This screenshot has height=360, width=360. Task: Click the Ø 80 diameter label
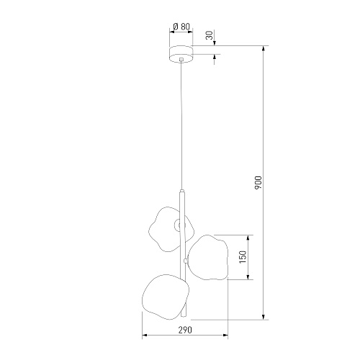point(181,27)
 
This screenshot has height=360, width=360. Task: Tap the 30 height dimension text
point(210,35)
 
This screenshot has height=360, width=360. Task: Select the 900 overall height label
point(258,182)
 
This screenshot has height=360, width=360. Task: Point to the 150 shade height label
point(243,257)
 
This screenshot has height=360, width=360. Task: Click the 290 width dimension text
point(185,330)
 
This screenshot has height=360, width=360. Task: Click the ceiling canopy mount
point(181,53)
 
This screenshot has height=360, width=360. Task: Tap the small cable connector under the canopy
point(181,59)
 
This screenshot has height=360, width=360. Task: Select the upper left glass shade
point(171,229)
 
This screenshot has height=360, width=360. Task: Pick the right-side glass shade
point(207,258)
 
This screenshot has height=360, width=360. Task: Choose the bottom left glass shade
point(166,297)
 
